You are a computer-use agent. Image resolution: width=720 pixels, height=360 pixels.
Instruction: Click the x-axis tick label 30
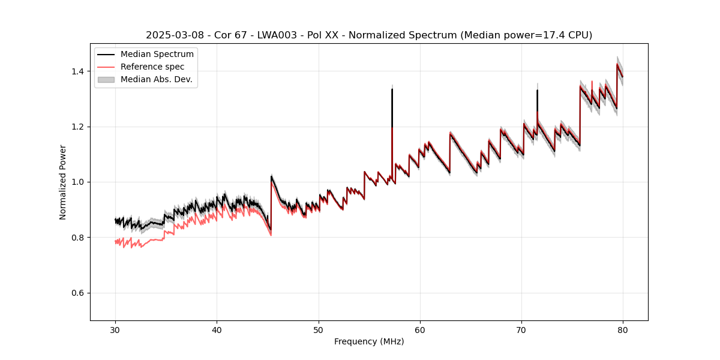116,329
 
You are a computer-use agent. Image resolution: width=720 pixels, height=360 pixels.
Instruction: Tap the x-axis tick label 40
217,329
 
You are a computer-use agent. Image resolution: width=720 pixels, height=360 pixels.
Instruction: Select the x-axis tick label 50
319,329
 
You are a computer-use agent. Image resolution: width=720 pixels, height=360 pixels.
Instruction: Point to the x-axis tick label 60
420,329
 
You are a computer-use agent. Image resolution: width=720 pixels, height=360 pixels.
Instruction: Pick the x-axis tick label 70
521,329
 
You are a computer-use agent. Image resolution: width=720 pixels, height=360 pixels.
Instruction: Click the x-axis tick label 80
623,329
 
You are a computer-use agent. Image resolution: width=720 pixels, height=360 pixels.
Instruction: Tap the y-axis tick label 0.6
79,293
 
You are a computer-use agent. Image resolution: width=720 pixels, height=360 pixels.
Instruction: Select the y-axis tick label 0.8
79,238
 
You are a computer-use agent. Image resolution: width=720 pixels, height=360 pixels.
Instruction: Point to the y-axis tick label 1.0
79,182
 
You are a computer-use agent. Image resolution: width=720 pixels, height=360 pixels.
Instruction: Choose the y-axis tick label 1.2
79,127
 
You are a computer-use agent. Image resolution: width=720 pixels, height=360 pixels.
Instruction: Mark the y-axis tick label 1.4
79,71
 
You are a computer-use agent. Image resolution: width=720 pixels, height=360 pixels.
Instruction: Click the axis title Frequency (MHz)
369,341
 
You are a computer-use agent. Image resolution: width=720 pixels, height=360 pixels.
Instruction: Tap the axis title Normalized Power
62,182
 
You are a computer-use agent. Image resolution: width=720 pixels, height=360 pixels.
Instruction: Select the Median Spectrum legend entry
157,55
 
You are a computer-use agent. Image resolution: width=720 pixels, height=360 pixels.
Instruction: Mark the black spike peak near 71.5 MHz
537,91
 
